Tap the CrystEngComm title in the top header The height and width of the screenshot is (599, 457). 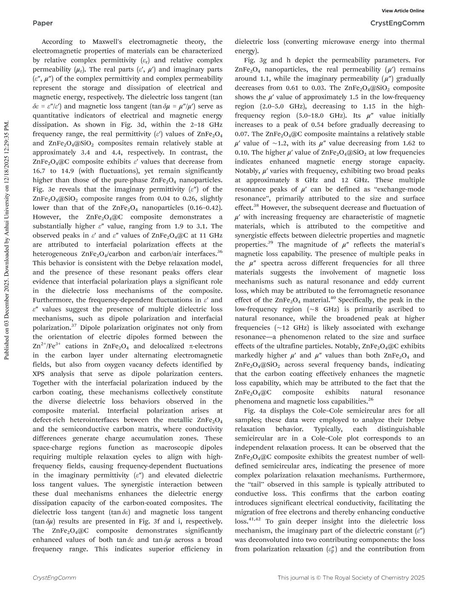[x=397, y=23]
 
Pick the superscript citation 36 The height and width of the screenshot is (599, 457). [x=220, y=252]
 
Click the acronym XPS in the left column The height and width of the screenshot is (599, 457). [x=40, y=374]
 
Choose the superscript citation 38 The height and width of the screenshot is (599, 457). [x=256, y=206]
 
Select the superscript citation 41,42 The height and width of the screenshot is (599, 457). [x=254, y=519]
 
